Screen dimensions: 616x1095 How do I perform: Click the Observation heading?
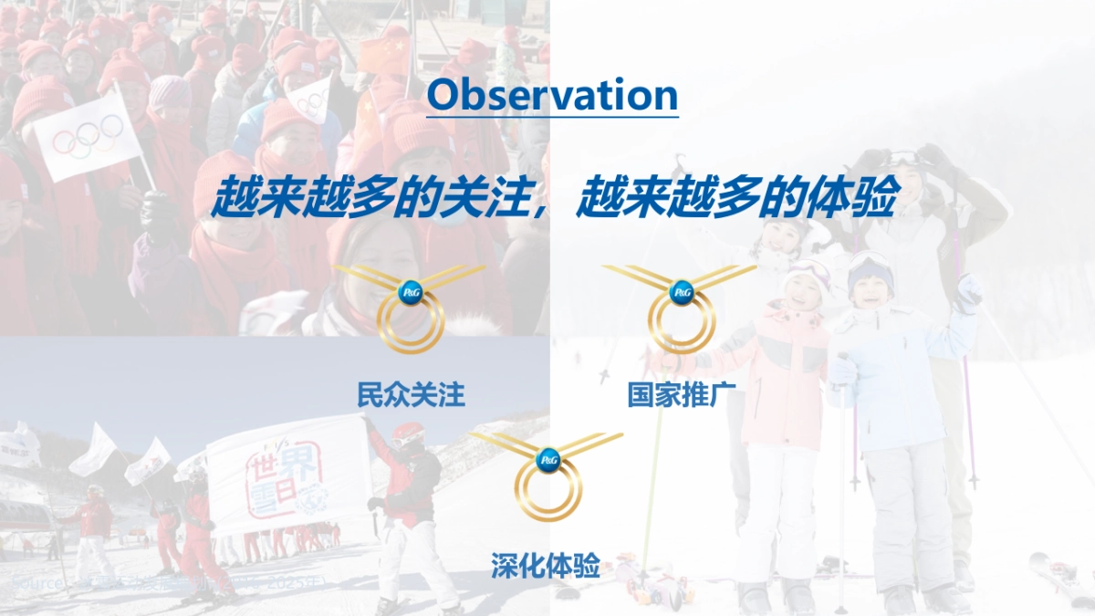pyautogui.click(x=552, y=95)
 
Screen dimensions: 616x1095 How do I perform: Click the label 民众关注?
pyautogui.click(x=411, y=395)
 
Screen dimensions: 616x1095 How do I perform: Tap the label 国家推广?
pyautogui.click(x=682, y=395)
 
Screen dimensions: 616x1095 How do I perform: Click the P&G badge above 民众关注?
pyautogui.click(x=412, y=292)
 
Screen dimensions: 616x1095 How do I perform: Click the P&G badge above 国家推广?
pyautogui.click(x=682, y=292)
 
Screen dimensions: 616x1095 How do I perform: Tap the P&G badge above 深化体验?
pyautogui.click(x=547, y=461)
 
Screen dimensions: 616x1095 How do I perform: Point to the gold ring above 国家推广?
pyautogui.click(x=682, y=324)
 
